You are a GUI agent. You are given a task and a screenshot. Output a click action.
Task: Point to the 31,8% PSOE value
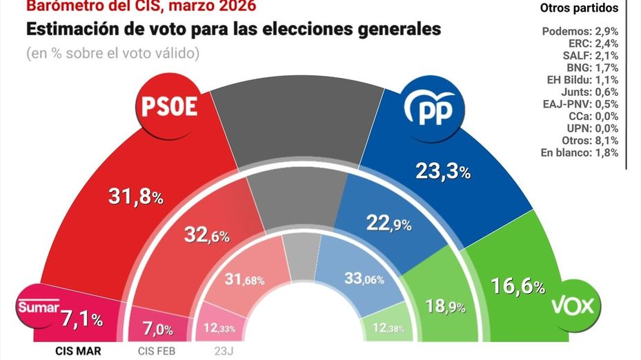[x=136, y=197]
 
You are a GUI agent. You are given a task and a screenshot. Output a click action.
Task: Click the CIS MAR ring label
[x=78, y=350]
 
